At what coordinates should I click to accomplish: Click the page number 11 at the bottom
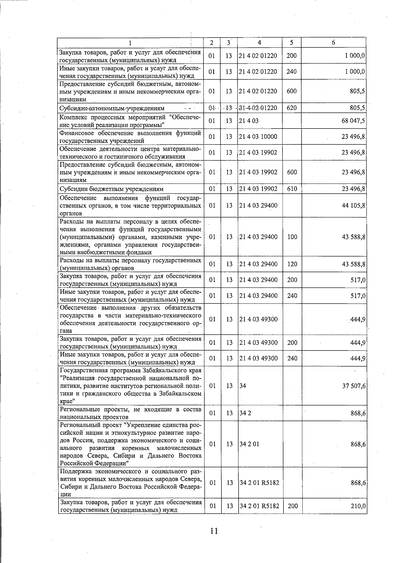(214, 531)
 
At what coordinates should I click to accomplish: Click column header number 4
(259, 43)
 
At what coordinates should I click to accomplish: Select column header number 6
(333, 43)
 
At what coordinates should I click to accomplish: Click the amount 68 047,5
(353, 121)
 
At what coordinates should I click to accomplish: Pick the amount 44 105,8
(353, 206)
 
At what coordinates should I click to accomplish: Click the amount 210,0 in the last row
(358, 506)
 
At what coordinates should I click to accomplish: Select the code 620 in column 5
(292, 108)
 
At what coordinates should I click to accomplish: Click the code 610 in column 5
(292, 189)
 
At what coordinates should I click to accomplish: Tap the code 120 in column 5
(292, 264)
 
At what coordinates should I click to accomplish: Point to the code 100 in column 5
(292, 237)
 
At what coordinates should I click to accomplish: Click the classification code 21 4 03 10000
(258, 137)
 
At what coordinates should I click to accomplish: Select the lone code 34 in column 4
(243, 386)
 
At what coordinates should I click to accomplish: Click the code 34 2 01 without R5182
(249, 444)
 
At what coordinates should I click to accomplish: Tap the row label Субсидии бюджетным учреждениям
(111, 189)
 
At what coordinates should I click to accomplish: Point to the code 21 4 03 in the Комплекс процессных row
(249, 121)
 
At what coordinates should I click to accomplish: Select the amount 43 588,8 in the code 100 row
(353, 237)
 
